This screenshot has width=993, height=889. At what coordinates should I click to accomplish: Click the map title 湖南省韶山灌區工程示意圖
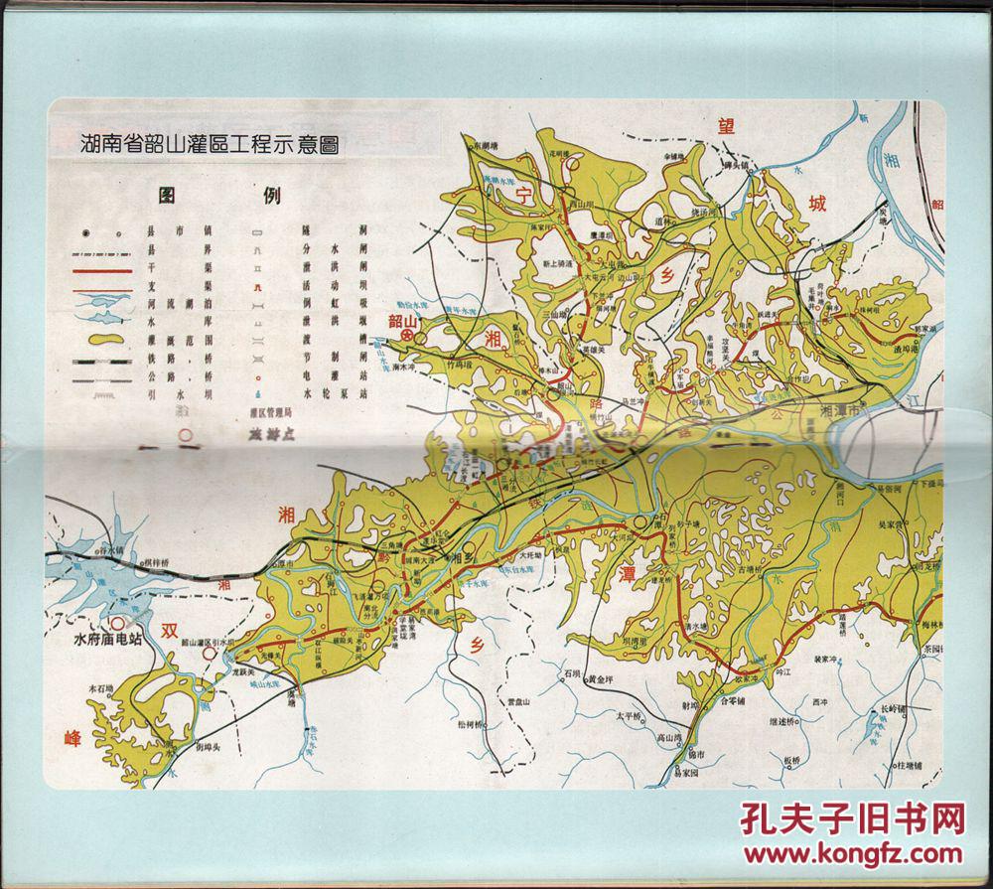pyautogui.click(x=210, y=143)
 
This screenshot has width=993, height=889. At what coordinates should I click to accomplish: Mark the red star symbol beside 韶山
pyautogui.click(x=407, y=338)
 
